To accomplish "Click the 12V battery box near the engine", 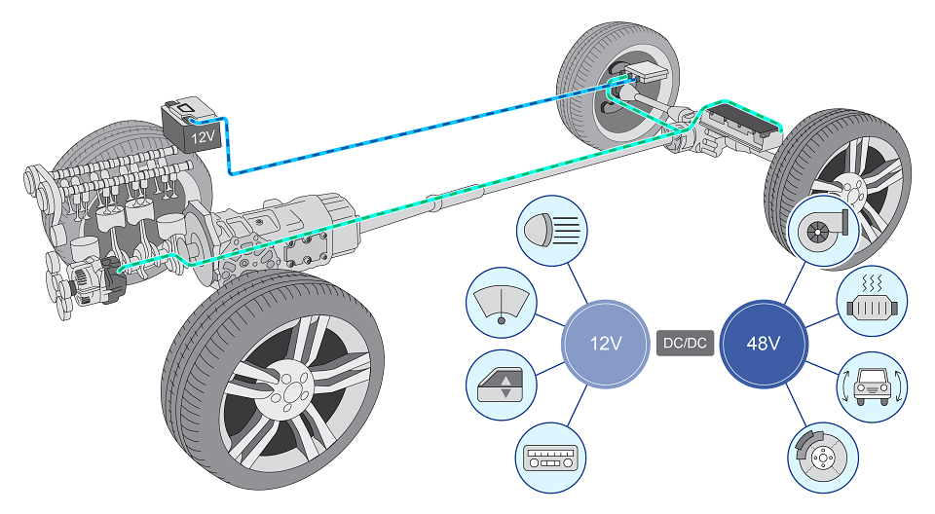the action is pyautogui.click(x=192, y=125).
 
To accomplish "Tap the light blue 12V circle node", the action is pyautogui.click(x=606, y=344).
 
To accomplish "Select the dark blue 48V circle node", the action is pyautogui.click(x=764, y=344).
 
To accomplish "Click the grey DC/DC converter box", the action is pyautogui.click(x=685, y=343).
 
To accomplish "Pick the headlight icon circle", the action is pyautogui.click(x=551, y=230).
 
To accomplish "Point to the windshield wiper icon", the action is pyautogui.click(x=501, y=303).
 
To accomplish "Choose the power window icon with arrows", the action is pyautogui.click(x=501, y=385).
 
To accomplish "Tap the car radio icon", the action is pyautogui.click(x=550, y=458).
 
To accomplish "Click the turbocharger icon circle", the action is pyautogui.click(x=823, y=231).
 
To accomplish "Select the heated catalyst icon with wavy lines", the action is pyautogui.click(x=872, y=301).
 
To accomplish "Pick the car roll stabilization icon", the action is pyautogui.click(x=872, y=386).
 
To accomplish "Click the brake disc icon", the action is pyautogui.click(x=823, y=458).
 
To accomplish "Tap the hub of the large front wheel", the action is pyautogui.click(x=290, y=388).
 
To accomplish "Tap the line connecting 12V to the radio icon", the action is pyautogui.click(x=578, y=406).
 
